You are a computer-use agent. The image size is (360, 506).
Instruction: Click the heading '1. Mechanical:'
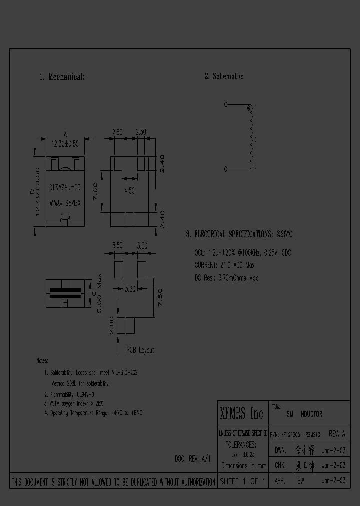62,77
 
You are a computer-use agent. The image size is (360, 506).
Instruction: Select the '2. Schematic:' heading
224,76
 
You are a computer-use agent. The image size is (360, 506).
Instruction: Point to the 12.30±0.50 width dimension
65,143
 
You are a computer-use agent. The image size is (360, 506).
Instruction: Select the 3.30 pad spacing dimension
128,288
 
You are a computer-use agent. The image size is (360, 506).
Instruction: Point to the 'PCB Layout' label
140,350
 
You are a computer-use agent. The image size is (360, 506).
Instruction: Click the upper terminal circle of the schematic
226,105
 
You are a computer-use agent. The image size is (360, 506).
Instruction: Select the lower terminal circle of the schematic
226,170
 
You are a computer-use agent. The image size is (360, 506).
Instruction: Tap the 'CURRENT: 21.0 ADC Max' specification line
224,265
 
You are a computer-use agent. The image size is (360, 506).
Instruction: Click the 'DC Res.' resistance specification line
226,278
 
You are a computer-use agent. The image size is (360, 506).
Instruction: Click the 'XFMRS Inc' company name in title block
242,413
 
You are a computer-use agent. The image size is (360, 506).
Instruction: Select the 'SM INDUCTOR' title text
304,414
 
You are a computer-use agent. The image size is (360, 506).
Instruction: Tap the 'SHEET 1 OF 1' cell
242,482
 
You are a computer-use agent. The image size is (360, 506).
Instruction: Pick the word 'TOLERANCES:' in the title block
241,444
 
